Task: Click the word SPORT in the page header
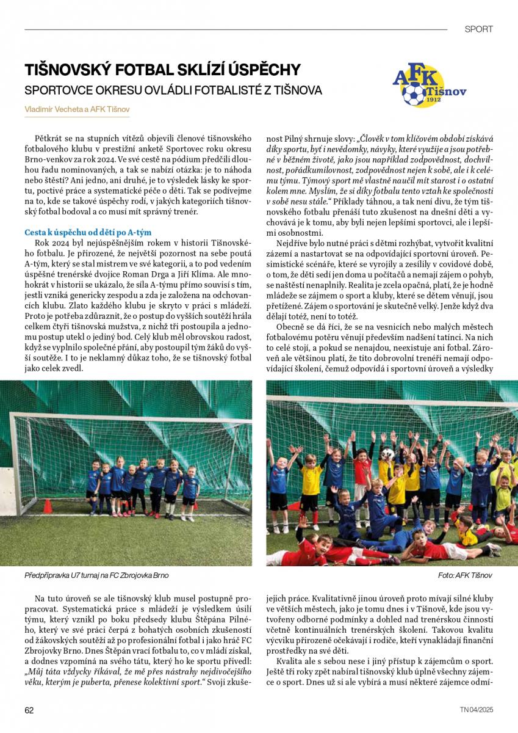(x=478, y=29)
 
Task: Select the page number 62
(x=29, y=710)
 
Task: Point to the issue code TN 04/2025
(x=476, y=710)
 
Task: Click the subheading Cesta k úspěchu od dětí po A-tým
(x=87, y=232)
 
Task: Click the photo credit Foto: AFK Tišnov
(x=465, y=575)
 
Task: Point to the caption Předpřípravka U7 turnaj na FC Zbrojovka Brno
(x=96, y=575)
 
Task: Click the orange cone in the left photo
(x=48, y=506)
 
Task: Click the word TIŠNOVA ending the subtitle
(x=298, y=90)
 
